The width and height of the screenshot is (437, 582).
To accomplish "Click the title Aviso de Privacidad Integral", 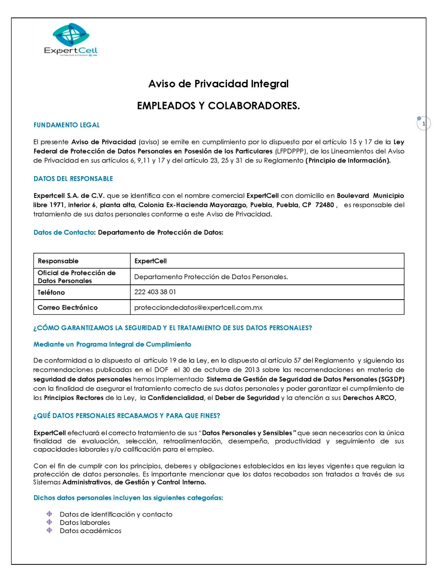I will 218,84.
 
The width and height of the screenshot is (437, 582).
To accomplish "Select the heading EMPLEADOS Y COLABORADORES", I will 218,106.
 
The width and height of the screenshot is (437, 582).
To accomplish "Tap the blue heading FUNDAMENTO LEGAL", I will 67,125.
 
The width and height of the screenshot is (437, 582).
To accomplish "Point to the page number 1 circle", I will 424,124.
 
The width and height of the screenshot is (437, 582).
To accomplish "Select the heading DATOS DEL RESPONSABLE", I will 73,179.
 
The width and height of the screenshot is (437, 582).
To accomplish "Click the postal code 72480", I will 325,205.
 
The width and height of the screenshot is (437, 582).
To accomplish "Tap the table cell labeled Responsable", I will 58,261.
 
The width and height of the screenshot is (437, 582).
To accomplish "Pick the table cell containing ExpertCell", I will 150,261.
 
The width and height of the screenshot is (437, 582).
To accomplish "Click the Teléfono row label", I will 51,292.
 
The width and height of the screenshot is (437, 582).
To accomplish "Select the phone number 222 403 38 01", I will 155,292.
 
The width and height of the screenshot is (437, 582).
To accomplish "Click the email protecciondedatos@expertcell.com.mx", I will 198,307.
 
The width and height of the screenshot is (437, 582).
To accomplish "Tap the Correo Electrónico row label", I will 68,307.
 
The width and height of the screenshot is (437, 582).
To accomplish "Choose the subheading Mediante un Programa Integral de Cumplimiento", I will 112,344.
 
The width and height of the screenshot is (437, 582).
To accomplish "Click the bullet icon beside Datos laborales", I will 49,522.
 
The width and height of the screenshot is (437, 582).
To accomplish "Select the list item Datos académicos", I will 91,531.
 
